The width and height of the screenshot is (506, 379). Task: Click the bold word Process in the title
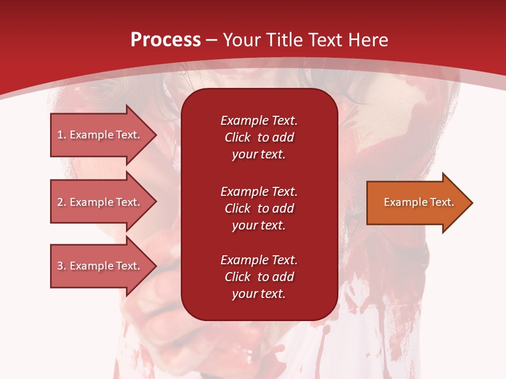point(166,40)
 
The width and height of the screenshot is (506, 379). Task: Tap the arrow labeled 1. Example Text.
point(100,135)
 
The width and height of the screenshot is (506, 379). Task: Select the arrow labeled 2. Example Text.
point(100,202)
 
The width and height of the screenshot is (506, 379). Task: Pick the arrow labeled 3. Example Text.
point(100,266)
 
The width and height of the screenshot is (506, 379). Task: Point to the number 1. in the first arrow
point(62,135)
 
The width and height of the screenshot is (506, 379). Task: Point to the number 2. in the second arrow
point(62,202)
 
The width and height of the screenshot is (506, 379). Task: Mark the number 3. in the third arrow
point(62,266)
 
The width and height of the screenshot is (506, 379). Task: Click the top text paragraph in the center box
point(259,137)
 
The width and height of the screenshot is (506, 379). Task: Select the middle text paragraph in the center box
point(259,208)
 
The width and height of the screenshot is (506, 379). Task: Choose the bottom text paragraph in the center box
point(259,277)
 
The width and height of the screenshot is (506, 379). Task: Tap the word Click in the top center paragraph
point(238,137)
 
